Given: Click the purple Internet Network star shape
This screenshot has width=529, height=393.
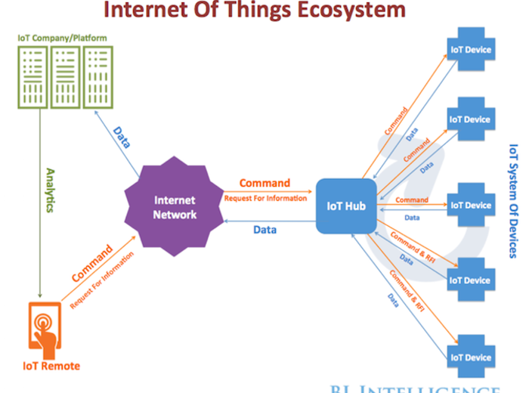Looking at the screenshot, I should pos(175,207).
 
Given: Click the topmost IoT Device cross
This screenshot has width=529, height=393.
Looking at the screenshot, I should pos(470,51).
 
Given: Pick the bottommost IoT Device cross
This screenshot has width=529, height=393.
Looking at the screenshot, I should pos(470,357).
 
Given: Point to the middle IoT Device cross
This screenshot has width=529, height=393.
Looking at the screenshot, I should pos(470,205).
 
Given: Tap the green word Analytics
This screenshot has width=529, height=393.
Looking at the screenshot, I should pos(51,190).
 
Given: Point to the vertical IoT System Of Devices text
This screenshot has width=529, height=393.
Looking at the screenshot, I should pos(513,200).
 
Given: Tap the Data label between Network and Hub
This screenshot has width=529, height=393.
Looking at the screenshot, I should pos(264,230).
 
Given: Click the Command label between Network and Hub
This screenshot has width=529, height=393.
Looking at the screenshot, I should pos(264,183).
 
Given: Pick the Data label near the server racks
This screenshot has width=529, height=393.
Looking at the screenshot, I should pos(121,136).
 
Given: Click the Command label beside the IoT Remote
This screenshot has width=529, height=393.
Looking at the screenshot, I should pos(92,262).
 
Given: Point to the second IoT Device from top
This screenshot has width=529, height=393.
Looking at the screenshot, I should pos(470,119).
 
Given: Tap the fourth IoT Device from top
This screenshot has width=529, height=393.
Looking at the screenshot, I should pos(470,280).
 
